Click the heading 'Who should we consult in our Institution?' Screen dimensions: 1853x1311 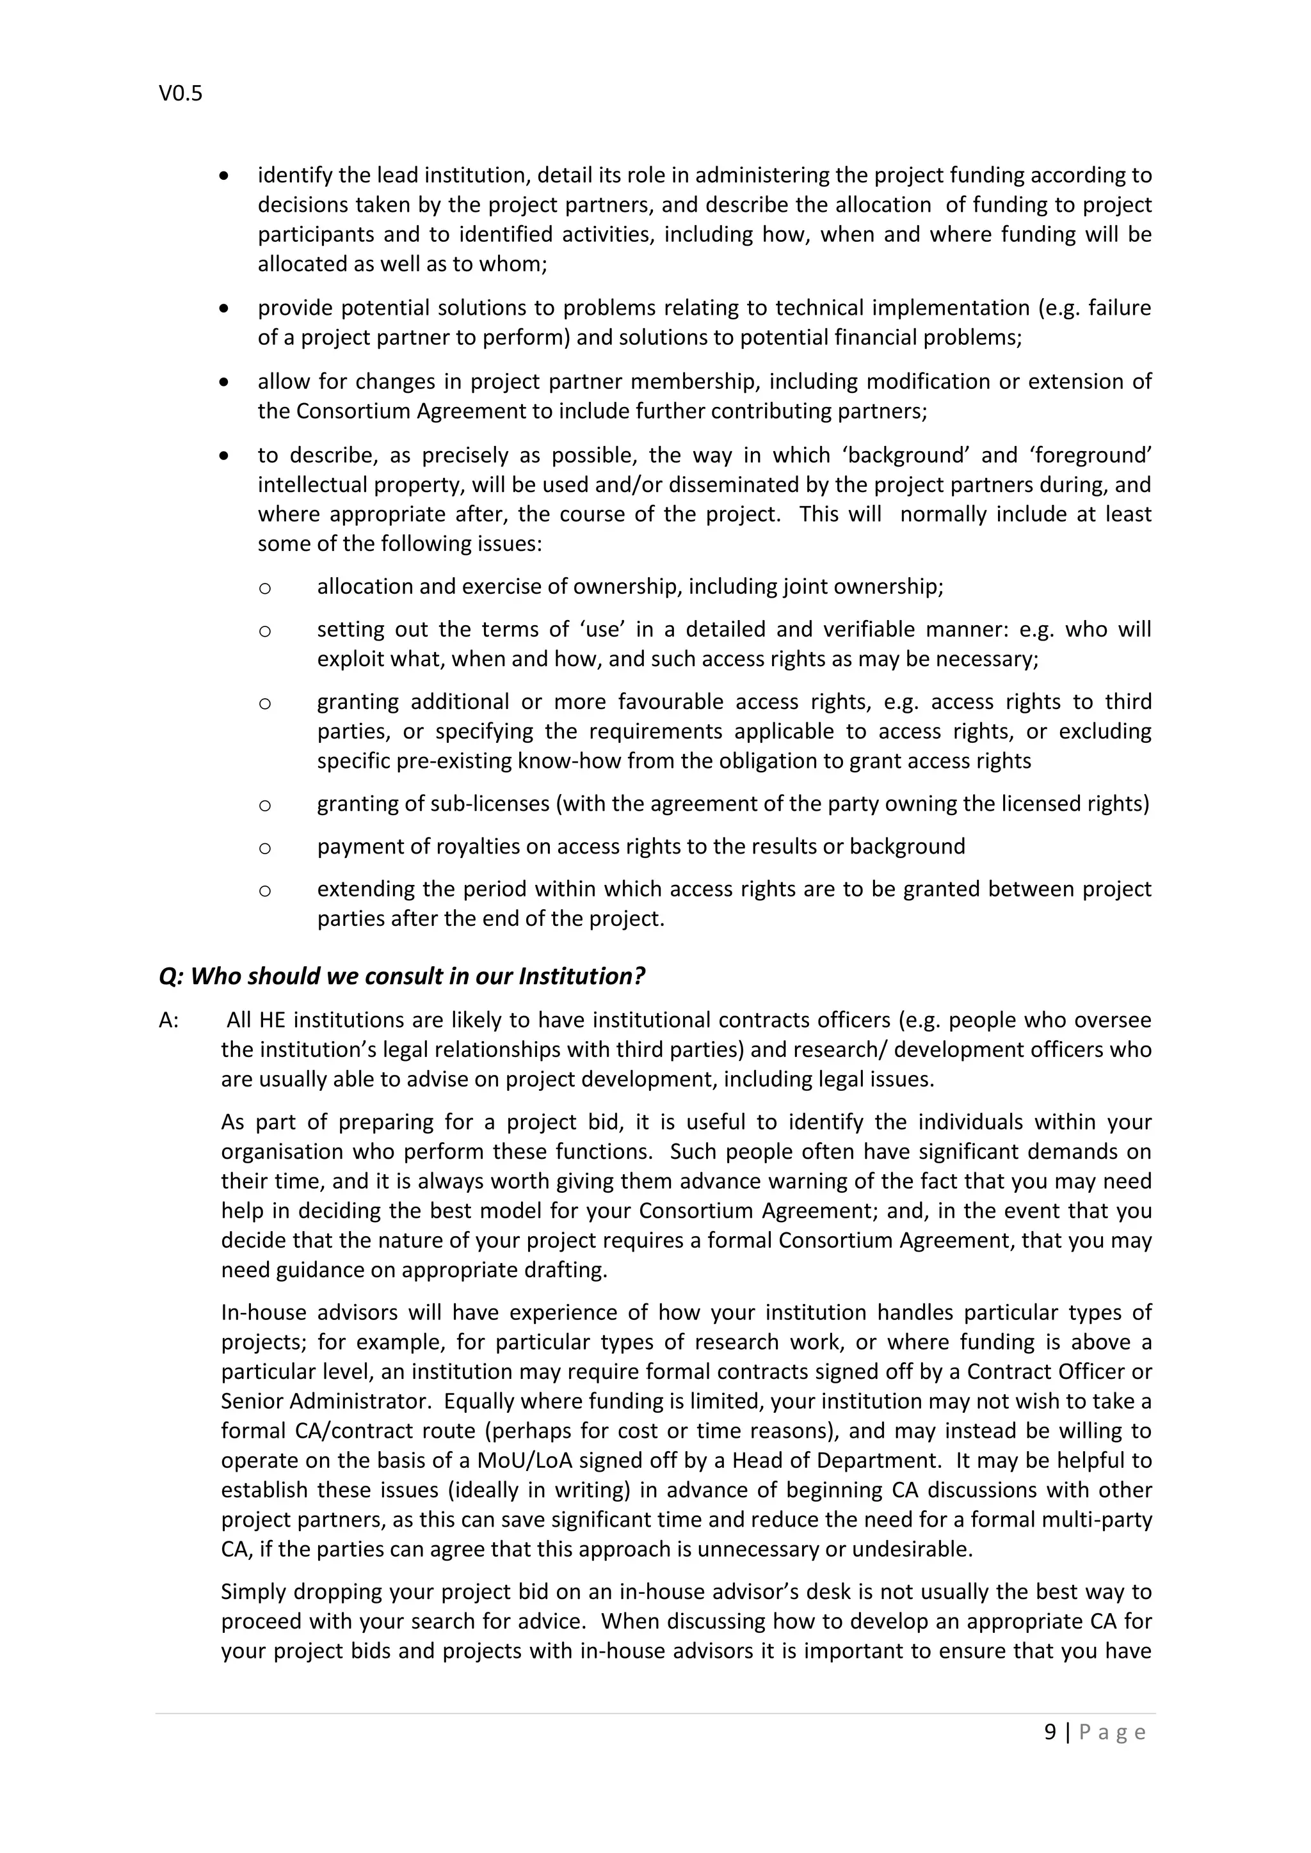[401, 976]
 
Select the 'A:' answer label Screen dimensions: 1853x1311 [169, 1020]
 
